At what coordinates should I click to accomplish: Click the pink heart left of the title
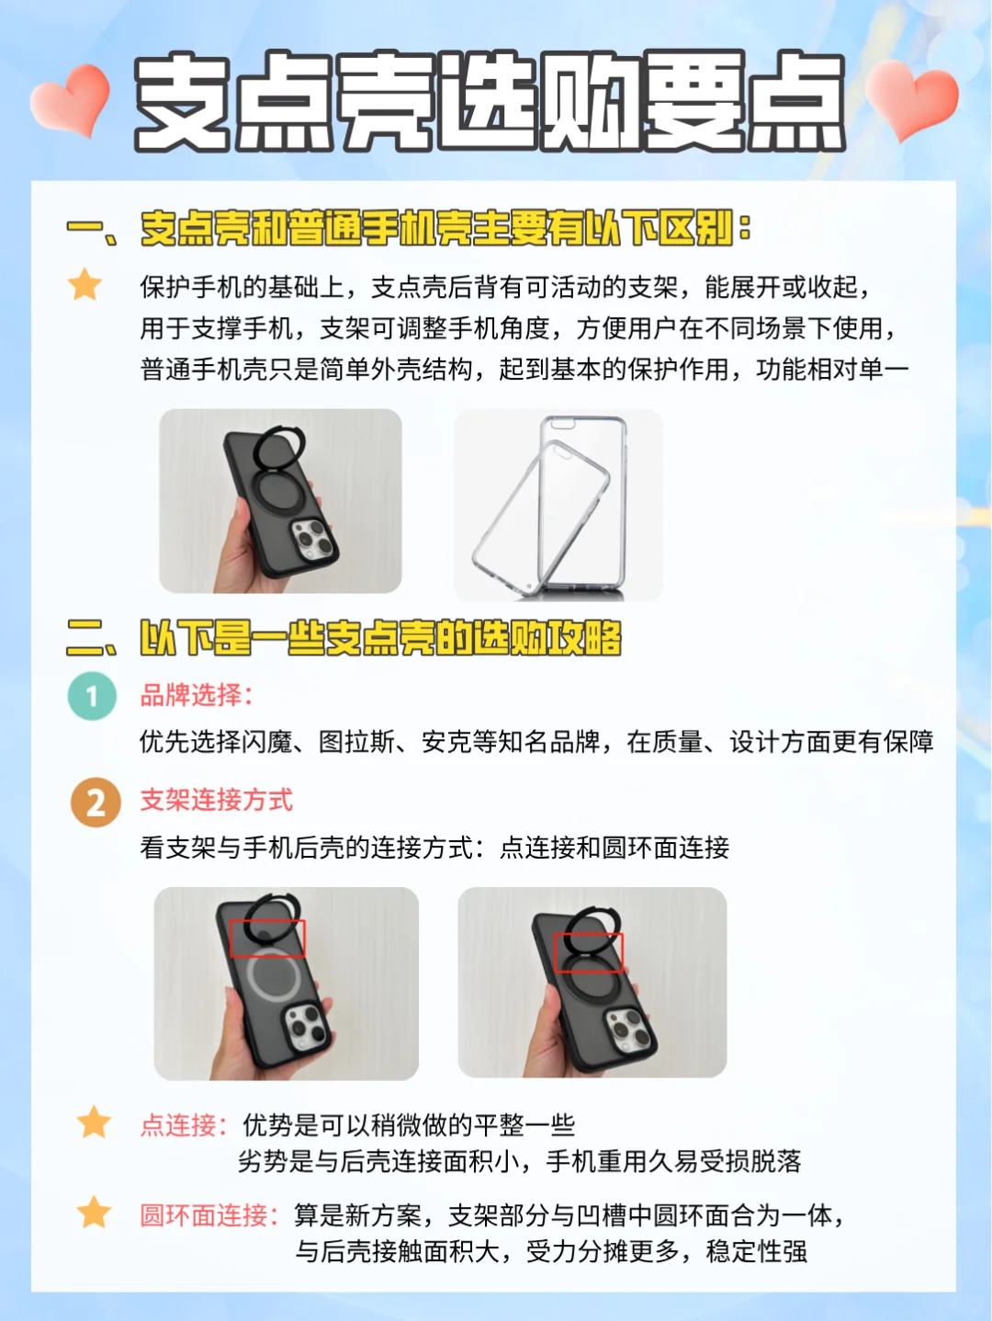coord(71,100)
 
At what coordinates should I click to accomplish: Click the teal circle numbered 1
coord(92,696)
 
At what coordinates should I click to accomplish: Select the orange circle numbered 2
coord(96,803)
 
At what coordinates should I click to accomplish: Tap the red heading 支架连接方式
coord(217,800)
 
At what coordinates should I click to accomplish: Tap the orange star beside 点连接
coord(95,1122)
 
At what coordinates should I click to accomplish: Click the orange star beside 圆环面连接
coord(95,1213)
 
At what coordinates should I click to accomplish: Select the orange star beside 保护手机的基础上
coord(85,284)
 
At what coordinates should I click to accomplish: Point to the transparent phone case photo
coord(558,505)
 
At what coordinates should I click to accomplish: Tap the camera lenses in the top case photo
coord(312,538)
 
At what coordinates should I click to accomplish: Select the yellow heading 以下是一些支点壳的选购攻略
coord(380,638)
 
